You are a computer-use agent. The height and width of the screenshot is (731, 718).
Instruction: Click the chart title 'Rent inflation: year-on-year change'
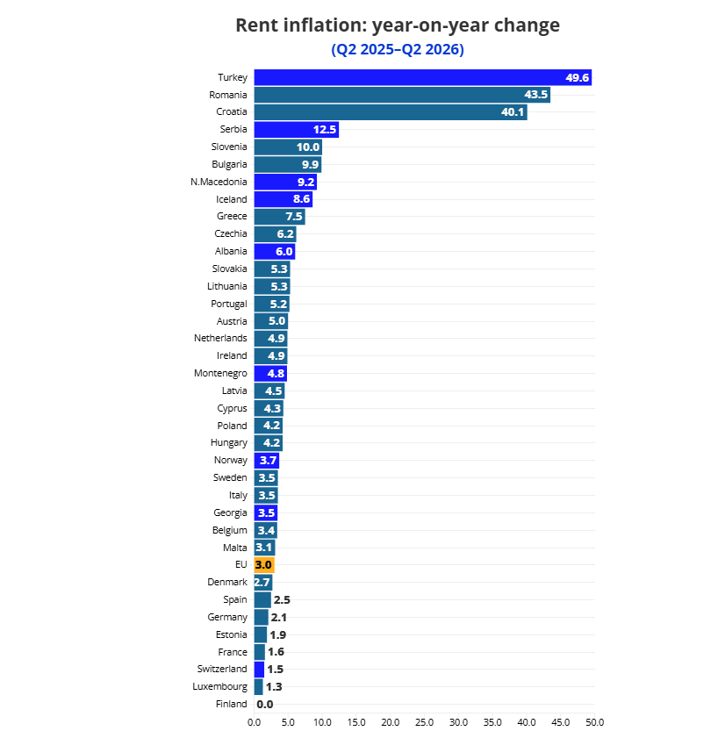click(398, 25)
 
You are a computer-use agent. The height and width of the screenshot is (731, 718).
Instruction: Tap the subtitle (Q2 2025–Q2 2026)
click(398, 49)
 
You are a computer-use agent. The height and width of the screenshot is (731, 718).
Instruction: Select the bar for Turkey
click(423, 77)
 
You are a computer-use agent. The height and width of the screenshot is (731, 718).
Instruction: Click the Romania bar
click(402, 95)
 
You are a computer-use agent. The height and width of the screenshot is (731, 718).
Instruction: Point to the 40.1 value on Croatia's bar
click(513, 112)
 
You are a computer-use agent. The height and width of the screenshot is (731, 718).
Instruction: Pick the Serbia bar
click(297, 130)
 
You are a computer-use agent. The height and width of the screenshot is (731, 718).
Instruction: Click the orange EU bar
click(264, 565)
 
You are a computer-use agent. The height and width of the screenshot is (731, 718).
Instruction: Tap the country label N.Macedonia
click(219, 182)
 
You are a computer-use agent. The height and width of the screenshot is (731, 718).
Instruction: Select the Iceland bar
click(284, 199)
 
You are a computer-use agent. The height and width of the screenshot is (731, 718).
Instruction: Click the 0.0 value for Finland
click(265, 705)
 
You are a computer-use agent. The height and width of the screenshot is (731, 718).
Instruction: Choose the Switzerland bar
click(259, 670)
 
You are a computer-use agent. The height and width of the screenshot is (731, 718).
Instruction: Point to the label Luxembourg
click(219, 687)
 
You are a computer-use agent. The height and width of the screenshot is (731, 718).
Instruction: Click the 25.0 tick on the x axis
click(424, 722)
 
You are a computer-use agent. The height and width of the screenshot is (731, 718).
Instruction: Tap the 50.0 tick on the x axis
click(594, 722)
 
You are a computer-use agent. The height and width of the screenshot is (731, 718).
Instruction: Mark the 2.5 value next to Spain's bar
click(282, 600)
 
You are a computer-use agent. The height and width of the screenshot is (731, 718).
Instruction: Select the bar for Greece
click(280, 216)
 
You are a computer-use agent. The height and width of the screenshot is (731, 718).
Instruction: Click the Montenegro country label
click(220, 374)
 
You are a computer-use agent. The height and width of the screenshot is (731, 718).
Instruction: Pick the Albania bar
click(275, 251)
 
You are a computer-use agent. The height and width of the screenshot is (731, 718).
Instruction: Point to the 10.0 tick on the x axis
click(322, 722)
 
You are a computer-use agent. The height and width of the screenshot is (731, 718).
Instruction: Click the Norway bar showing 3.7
click(267, 461)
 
